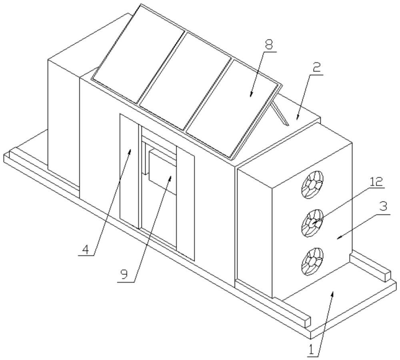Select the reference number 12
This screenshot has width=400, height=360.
pyautogui.click(x=376, y=182)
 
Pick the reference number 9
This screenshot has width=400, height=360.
pyautogui.click(x=124, y=274)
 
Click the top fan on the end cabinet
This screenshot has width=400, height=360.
pyautogui.click(x=312, y=184)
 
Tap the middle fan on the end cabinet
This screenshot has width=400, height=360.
pyautogui.click(x=312, y=223)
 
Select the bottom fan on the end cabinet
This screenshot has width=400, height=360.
pyautogui.click(x=312, y=262)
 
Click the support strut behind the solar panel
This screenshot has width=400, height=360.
pyautogui.click(x=280, y=112)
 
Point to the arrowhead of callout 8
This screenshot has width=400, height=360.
pyautogui.click(x=251, y=95)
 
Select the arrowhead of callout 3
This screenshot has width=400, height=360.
pyautogui.click(x=339, y=238)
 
